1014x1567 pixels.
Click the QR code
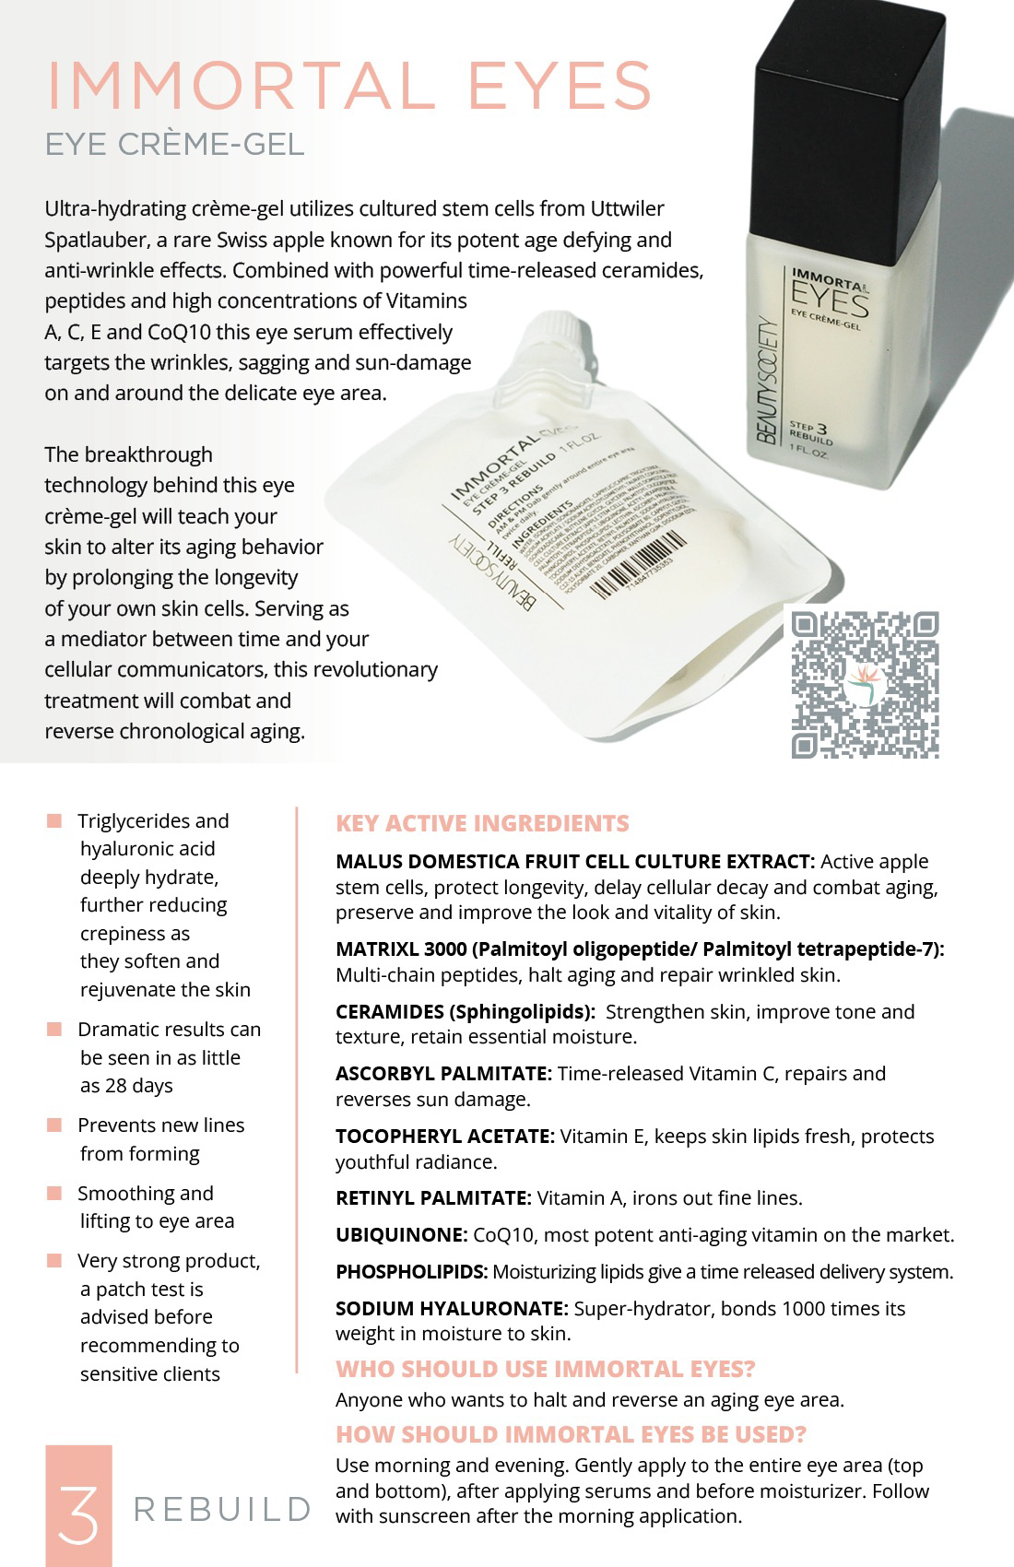[x=865, y=684]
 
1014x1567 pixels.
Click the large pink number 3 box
[x=78, y=1504]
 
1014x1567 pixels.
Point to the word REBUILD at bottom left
[x=222, y=1509]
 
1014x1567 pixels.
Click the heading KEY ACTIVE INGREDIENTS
[x=482, y=823]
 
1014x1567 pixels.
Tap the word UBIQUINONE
[x=401, y=1234]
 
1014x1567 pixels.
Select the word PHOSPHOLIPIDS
[x=411, y=1271]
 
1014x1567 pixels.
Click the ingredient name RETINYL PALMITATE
[x=433, y=1197]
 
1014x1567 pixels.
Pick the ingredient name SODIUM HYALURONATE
[x=452, y=1308]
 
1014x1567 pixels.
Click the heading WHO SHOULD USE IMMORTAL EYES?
[x=545, y=1369]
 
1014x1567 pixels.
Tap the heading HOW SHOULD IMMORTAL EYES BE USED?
[x=571, y=1434]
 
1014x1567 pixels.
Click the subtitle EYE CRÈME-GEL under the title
[x=174, y=145]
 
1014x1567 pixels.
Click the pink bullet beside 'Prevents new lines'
[x=54, y=1125]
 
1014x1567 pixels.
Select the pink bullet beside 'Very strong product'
[x=54, y=1260]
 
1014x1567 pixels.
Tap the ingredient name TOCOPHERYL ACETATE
[x=444, y=1136]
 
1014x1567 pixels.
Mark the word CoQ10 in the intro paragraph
[x=180, y=332]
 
